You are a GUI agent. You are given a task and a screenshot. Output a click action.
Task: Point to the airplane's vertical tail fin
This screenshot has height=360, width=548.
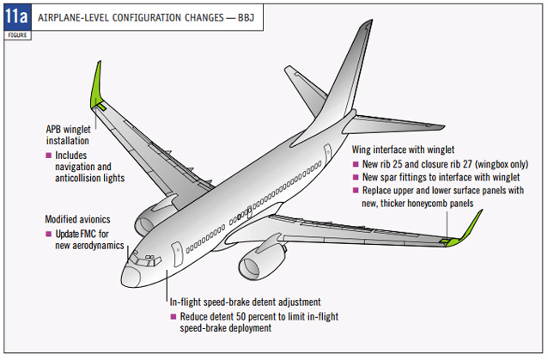pos(347,73)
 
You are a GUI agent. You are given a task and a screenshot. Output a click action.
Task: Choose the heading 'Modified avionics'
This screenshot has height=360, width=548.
pos(82,219)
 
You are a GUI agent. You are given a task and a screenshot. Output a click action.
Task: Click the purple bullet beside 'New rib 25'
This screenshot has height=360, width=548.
pos(356,163)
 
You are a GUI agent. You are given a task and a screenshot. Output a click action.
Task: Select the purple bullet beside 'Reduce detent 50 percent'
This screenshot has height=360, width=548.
pos(173,316)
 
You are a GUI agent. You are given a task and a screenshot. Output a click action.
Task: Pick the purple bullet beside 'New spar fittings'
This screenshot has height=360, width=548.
pos(356,176)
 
